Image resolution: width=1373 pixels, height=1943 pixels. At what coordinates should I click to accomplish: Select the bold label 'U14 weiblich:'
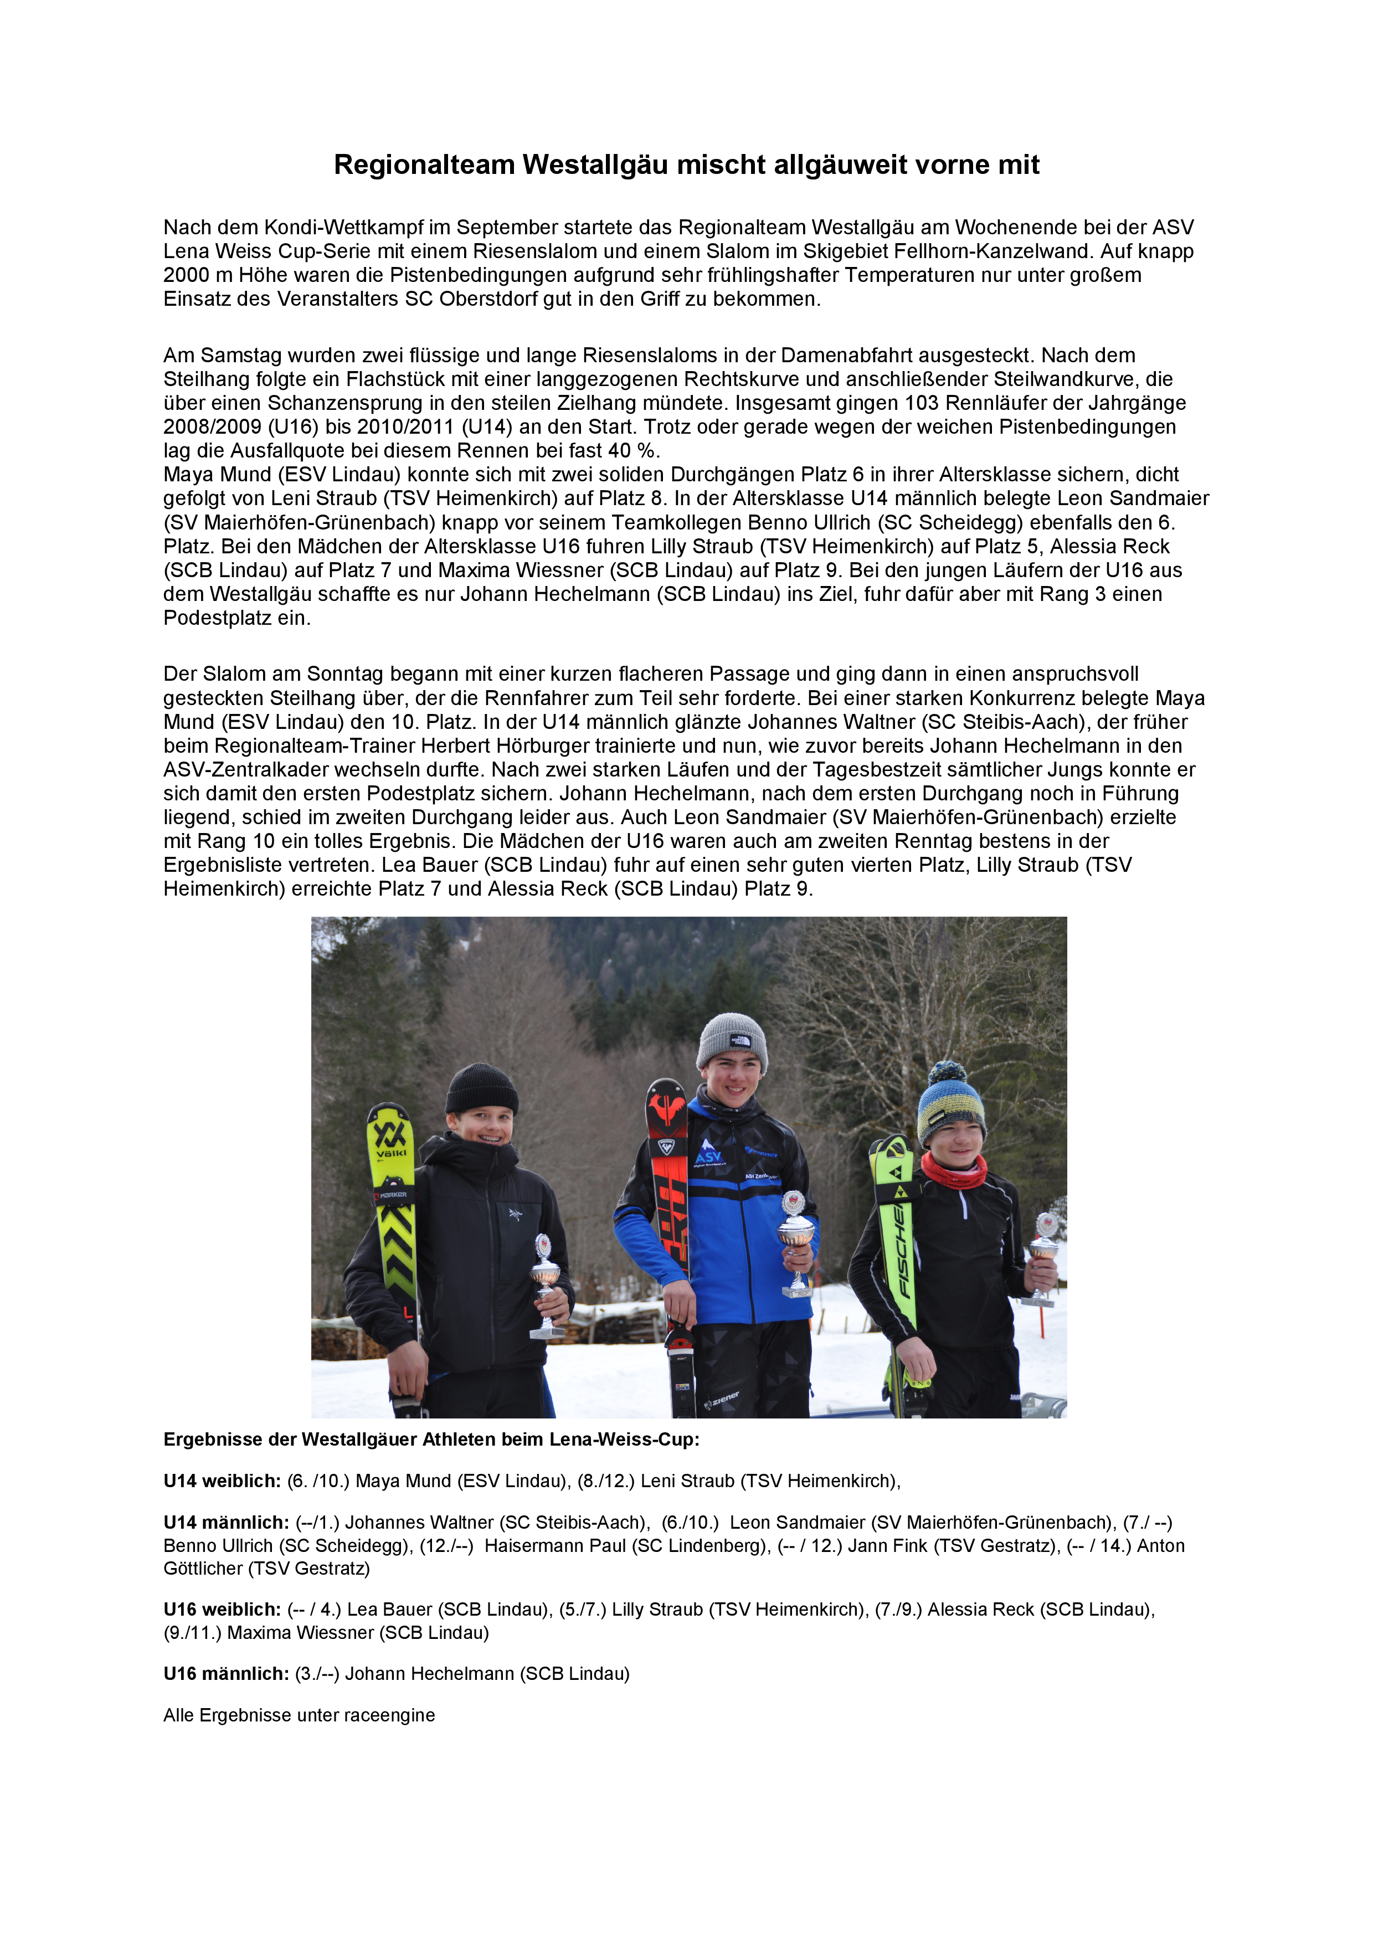point(222,1481)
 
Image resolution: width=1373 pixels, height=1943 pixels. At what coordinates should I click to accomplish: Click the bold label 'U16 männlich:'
point(226,1674)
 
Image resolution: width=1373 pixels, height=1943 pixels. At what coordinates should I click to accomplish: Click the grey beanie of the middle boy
point(732,1042)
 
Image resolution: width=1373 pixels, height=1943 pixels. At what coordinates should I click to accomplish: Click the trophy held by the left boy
point(546,1286)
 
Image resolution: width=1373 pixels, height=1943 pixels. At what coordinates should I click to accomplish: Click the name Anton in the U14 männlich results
point(1161,1546)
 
